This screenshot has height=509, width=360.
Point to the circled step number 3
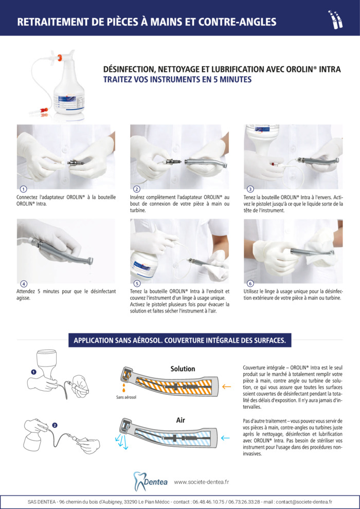250,190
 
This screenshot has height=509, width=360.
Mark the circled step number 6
250,284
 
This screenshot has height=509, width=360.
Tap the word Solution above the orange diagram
183,369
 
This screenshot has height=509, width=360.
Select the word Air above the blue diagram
181,420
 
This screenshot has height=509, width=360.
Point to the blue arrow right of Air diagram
225,438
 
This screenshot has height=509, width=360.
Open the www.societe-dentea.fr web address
201,482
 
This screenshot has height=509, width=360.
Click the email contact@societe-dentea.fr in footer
303,502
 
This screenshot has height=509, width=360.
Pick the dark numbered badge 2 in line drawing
54,425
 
